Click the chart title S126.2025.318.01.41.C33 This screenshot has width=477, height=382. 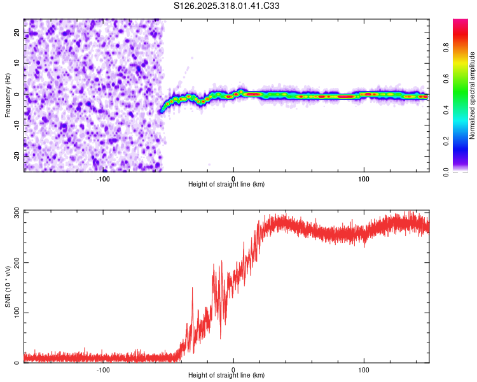tap(227, 6)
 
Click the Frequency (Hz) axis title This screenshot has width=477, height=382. tap(7, 95)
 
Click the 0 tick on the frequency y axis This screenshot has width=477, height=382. tap(17, 94)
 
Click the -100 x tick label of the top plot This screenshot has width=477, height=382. tap(103, 179)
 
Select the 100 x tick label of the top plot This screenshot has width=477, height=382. tap(364, 179)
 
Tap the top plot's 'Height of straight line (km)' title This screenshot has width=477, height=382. tap(226, 185)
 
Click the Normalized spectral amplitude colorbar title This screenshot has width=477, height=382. tap(473, 95)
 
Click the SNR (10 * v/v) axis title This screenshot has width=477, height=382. tap(7, 286)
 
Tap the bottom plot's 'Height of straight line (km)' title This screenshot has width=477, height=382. tap(226, 376)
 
